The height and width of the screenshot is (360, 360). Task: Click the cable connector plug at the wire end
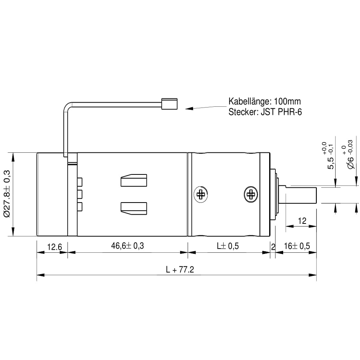coord(169,104)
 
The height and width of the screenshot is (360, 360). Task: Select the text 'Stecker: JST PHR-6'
coord(265,112)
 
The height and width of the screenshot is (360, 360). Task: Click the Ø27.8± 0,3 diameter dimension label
coord(7,194)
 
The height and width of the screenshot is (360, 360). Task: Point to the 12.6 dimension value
coord(54,247)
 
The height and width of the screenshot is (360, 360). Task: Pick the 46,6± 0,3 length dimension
coord(128,246)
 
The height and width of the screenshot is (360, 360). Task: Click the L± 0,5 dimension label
coord(228,246)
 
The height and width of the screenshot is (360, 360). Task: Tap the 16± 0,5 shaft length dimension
coord(297,246)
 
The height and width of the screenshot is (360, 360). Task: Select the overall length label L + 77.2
coord(180,270)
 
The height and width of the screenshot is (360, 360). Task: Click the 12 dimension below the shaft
coord(302,221)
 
